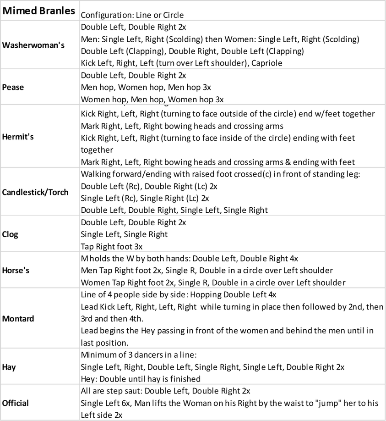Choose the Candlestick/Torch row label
[35, 192]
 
